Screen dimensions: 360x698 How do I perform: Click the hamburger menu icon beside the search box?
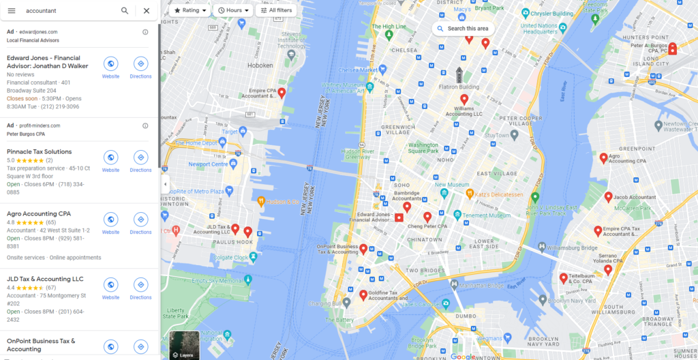(12, 11)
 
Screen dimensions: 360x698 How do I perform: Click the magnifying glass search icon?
(125, 11)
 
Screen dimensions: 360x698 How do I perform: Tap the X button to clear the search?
(147, 11)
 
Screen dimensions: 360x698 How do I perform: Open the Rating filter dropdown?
(190, 11)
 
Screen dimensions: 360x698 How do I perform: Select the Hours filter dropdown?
(233, 11)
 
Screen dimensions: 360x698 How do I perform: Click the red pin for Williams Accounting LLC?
(464, 99)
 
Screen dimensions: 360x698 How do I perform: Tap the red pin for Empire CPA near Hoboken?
(282, 93)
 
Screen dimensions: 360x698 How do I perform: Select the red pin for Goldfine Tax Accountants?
(363, 295)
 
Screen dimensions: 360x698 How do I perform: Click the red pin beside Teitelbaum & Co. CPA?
(564, 277)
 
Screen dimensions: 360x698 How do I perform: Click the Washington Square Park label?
(424, 147)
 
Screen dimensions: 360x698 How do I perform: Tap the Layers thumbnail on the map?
(184, 345)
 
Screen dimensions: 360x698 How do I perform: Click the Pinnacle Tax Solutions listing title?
(39, 151)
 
